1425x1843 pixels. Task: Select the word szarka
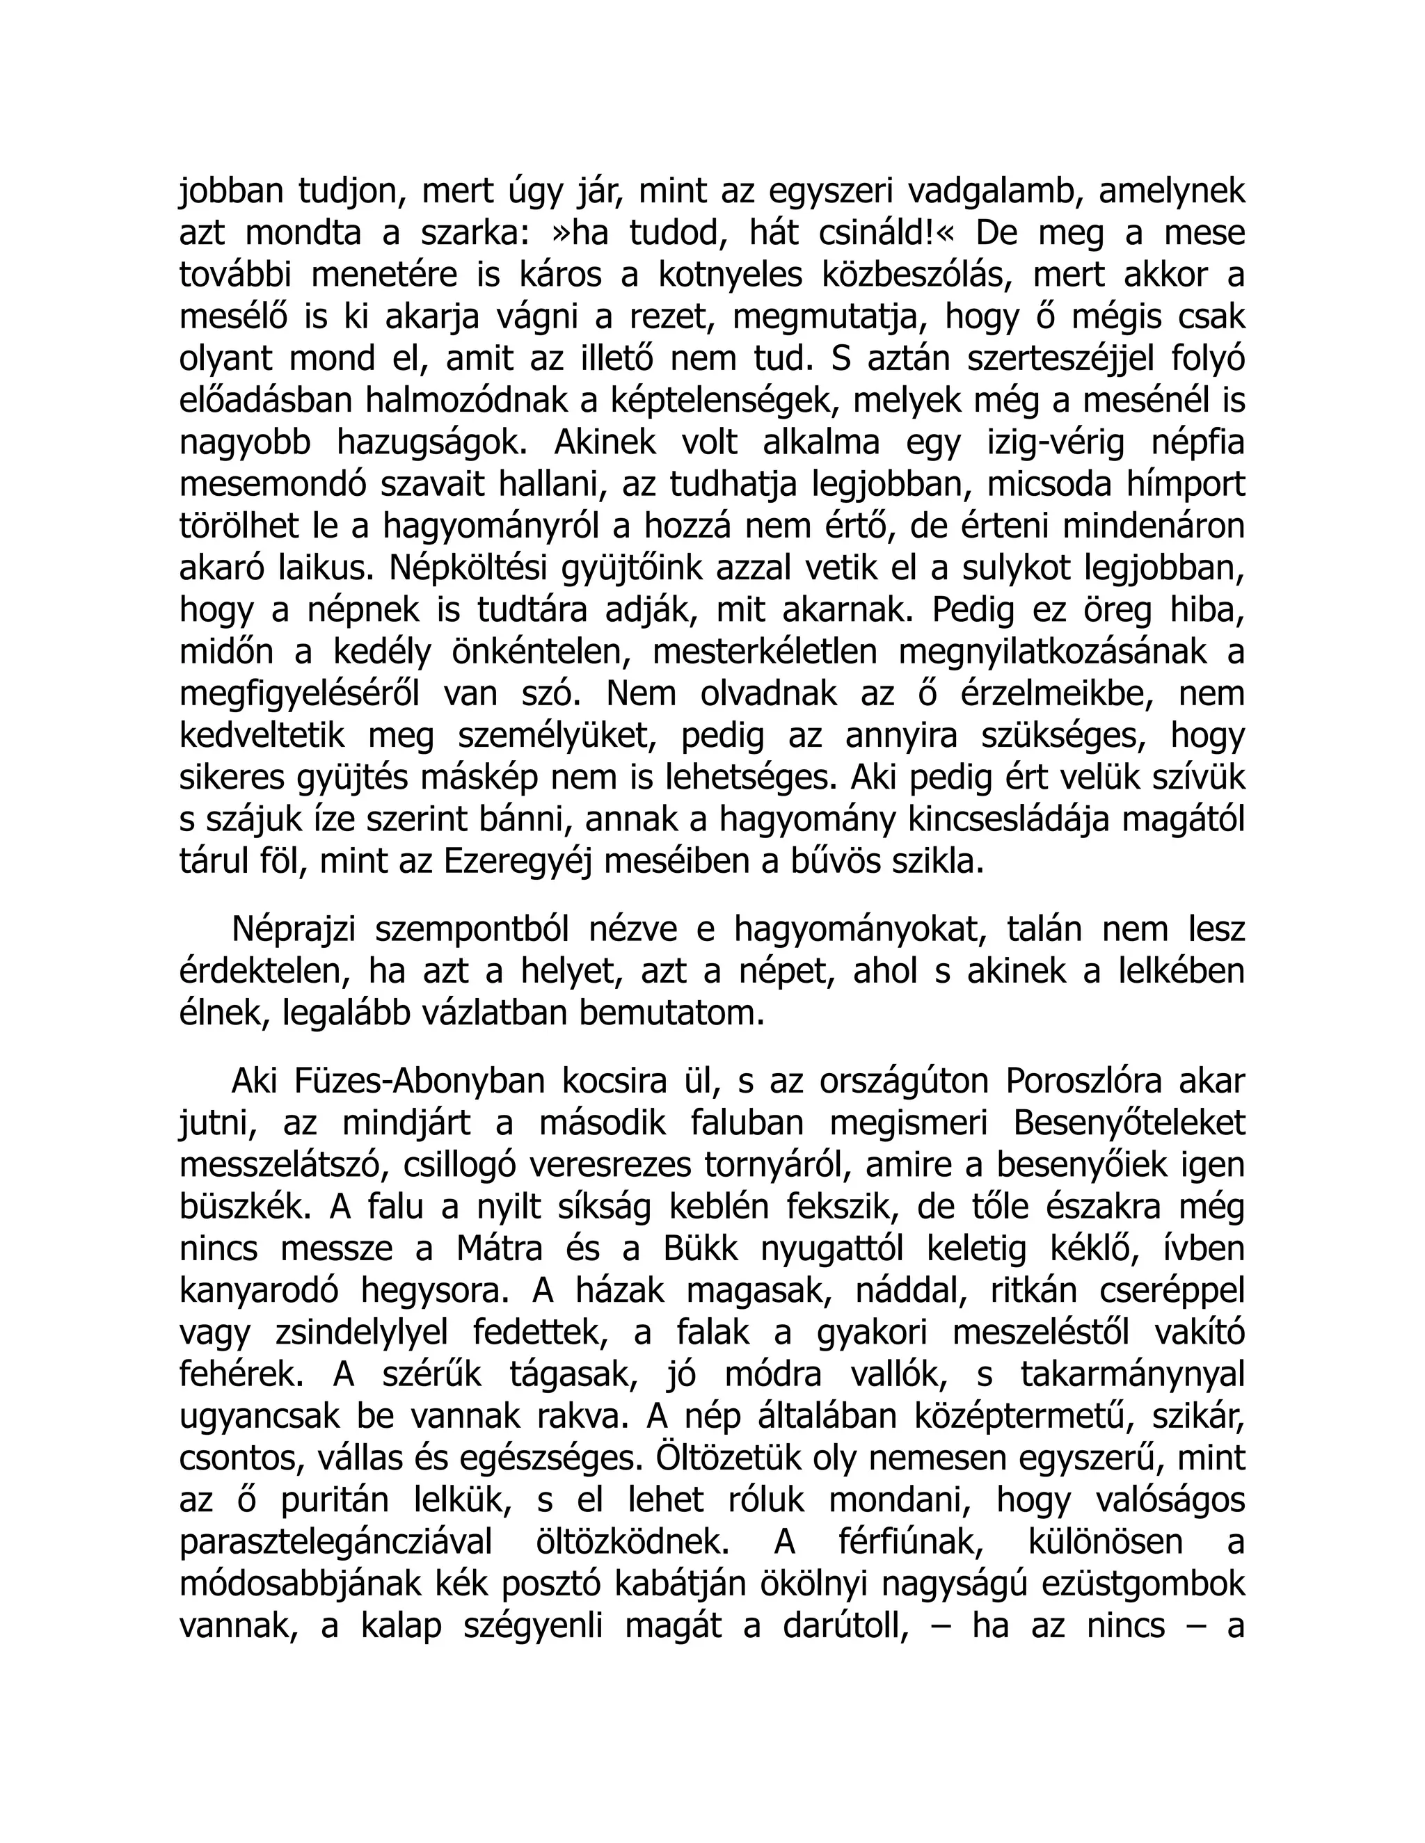click(454, 234)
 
